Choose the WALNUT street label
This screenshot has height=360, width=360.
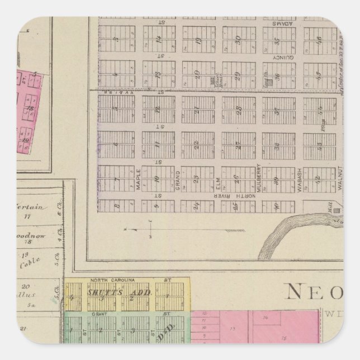coord(339,180)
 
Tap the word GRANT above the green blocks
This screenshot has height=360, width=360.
coord(99,314)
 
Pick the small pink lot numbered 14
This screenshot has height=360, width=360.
coord(266,317)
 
